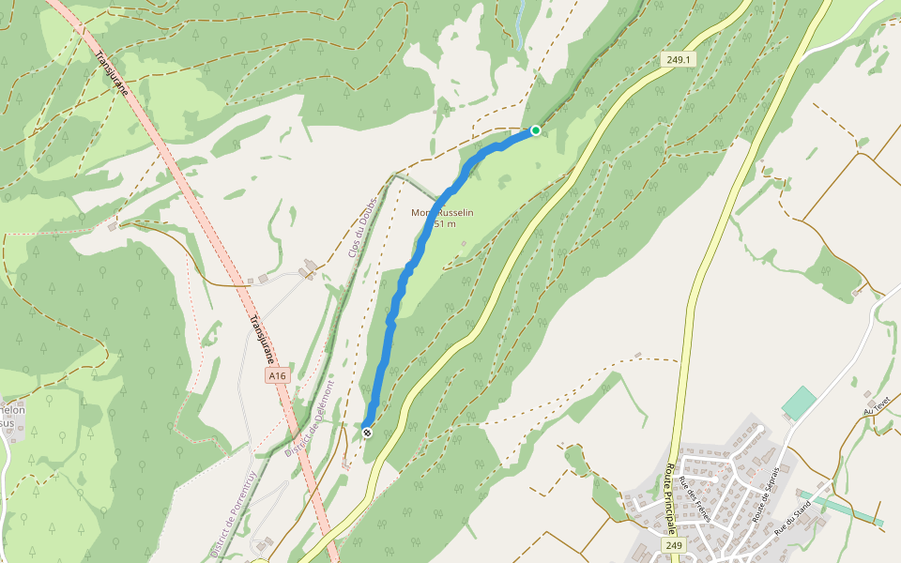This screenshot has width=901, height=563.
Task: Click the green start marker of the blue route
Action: click(536, 130)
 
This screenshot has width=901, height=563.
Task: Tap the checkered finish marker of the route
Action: click(367, 433)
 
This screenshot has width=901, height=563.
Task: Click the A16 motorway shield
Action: click(275, 375)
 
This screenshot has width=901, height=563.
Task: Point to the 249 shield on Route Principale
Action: click(673, 545)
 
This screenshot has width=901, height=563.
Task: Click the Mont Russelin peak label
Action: click(443, 218)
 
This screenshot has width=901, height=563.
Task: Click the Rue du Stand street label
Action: click(792, 518)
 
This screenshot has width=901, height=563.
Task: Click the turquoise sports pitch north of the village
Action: click(799, 403)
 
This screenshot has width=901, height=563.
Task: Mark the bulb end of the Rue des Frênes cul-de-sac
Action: click(715, 479)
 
